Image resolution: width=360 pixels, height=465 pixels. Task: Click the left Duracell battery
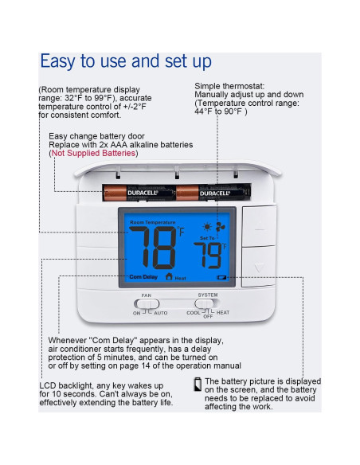(x=132, y=192)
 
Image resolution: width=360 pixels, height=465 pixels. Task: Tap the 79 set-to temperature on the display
(x=210, y=256)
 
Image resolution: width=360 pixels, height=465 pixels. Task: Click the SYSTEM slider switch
(x=207, y=303)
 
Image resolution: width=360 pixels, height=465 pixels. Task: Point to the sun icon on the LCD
(x=208, y=226)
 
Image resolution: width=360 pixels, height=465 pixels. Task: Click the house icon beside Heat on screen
(x=168, y=277)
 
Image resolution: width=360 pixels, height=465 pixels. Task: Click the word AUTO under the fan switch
(x=161, y=314)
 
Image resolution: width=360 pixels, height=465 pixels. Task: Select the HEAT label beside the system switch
(x=223, y=313)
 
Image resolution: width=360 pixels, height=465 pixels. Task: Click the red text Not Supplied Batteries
(x=93, y=153)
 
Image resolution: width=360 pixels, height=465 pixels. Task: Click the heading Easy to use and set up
(x=126, y=61)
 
